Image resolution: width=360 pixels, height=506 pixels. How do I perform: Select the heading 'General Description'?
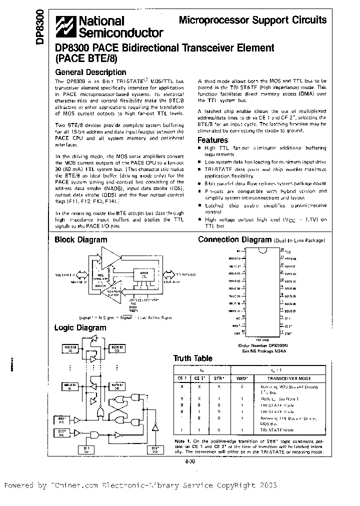[x=90, y=72]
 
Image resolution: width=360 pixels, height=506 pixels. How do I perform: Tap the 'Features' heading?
[x=212, y=140]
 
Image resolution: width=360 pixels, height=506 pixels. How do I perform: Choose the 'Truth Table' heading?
[x=192, y=358]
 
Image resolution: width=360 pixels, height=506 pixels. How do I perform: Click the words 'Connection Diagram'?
[x=234, y=239]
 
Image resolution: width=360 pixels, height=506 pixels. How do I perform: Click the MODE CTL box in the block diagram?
[x=144, y=274]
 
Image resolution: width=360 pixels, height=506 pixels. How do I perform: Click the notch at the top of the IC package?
[x=262, y=248]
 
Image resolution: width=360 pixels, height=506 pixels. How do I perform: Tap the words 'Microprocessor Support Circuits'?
[x=252, y=20]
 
